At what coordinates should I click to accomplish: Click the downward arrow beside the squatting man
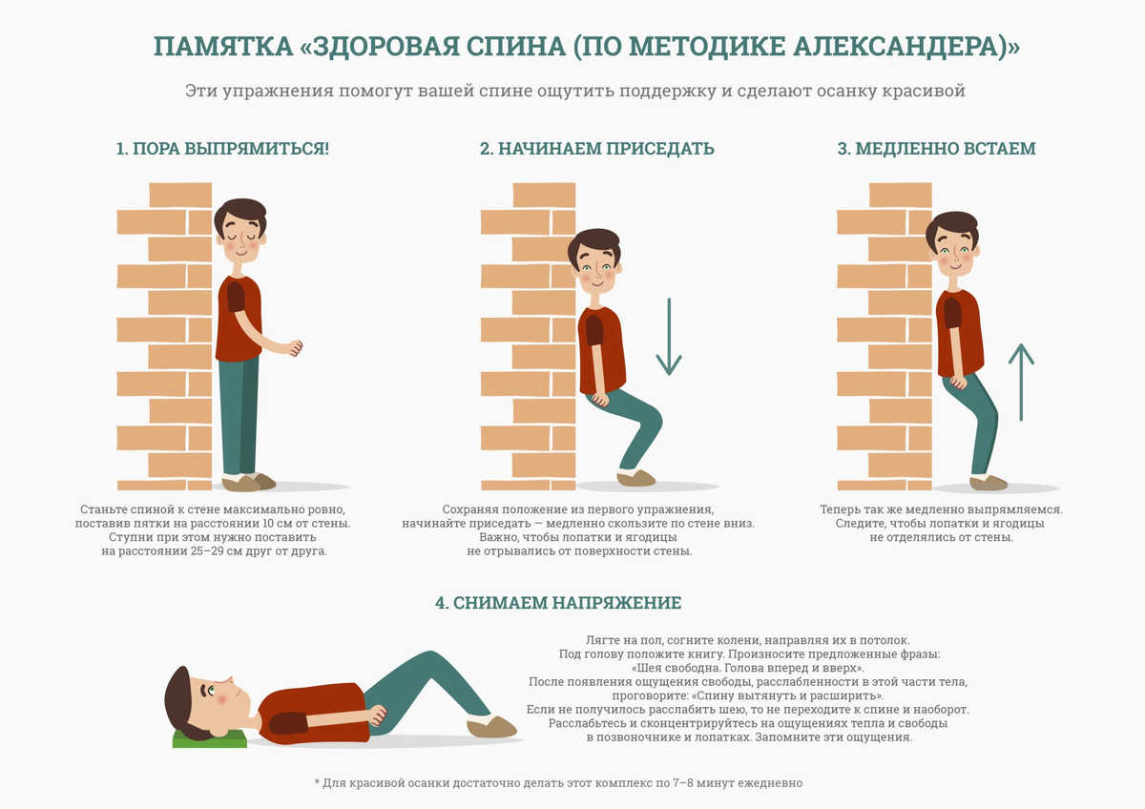click(668, 338)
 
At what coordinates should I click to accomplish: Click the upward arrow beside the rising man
click(1021, 383)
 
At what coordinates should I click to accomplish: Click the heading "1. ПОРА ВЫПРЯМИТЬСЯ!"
click(222, 150)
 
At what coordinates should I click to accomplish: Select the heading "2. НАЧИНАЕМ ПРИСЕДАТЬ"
click(596, 150)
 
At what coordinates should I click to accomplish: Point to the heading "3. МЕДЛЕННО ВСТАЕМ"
click(936, 150)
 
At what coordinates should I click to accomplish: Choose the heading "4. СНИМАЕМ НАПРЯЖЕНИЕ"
click(558, 603)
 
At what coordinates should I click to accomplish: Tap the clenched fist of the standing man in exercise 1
click(295, 348)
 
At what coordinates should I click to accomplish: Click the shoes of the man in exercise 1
click(249, 482)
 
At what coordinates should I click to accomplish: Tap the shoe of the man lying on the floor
click(491, 729)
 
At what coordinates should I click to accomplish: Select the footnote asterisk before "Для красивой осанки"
click(317, 783)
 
